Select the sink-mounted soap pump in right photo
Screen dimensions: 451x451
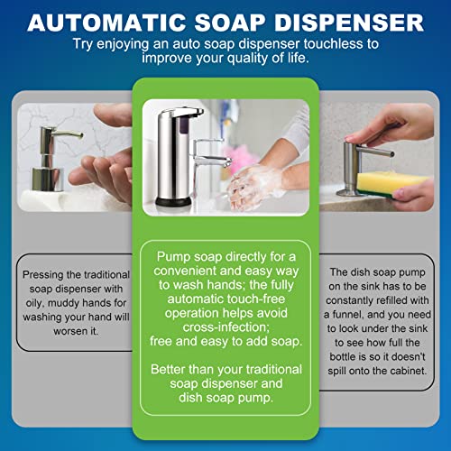354,167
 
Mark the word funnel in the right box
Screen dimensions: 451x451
360,316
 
